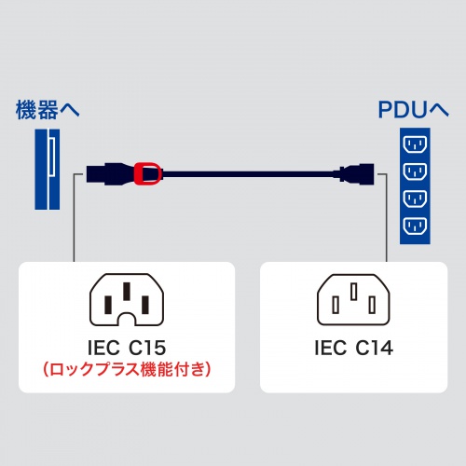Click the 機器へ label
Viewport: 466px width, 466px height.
tap(48, 110)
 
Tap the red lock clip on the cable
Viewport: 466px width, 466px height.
tap(147, 172)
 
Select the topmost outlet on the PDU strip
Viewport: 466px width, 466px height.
tap(415, 145)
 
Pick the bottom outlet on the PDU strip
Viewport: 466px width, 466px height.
tap(415, 225)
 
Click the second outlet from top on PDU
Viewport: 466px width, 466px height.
tap(415, 172)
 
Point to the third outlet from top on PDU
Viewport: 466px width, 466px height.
tap(415, 199)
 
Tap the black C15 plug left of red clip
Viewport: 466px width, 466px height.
tap(110, 172)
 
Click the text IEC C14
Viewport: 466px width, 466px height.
tap(353, 349)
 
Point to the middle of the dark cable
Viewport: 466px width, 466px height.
tap(247, 172)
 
